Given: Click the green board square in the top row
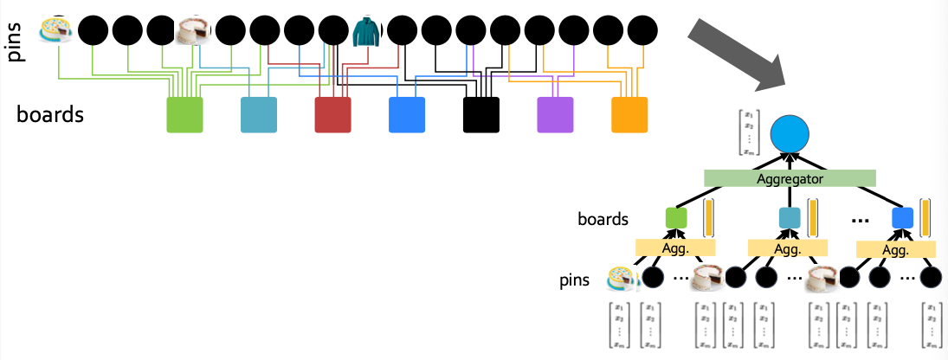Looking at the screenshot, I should tap(184, 115).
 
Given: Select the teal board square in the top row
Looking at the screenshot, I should tap(258, 115).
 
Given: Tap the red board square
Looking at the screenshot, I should tap(332, 115).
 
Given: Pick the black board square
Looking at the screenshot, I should tap(480, 115).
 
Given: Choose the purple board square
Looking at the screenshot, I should tap(555, 115).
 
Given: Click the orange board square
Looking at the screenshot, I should tap(629, 115).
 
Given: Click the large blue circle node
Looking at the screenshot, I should tap(790, 132).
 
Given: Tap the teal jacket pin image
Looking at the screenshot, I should tap(366, 31).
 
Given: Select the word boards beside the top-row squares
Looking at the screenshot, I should tap(50, 114).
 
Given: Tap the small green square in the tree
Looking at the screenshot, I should tap(675, 218).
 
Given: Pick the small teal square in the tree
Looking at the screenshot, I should tap(789, 218).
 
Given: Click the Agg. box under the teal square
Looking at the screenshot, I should tap(787, 248).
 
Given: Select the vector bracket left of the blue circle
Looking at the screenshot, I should tap(746, 132).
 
